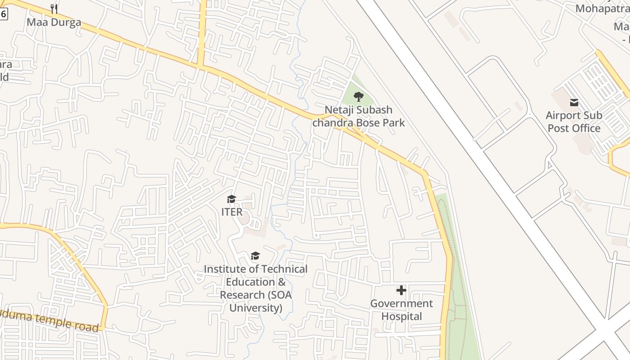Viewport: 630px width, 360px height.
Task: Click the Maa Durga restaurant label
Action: (x=54, y=22)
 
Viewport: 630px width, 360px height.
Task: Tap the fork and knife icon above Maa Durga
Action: (x=54, y=9)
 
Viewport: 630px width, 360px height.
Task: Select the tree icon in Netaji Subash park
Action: (x=359, y=96)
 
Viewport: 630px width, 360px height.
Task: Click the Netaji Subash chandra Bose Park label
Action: (x=359, y=116)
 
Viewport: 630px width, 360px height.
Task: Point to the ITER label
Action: (x=232, y=211)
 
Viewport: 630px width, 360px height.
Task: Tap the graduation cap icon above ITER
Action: (x=232, y=199)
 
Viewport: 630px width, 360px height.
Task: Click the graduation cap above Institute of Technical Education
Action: (x=255, y=256)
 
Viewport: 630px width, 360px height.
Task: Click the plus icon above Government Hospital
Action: (x=401, y=290)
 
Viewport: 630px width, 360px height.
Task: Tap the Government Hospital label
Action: (x=401, y=310)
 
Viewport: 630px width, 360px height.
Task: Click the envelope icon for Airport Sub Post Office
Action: (x=574, y=103)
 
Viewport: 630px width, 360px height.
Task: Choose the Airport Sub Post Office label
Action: (x=574, y=121)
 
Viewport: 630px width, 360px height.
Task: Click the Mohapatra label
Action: (x=603, y=9)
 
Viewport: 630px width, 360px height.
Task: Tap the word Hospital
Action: (x=401, y=316)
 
